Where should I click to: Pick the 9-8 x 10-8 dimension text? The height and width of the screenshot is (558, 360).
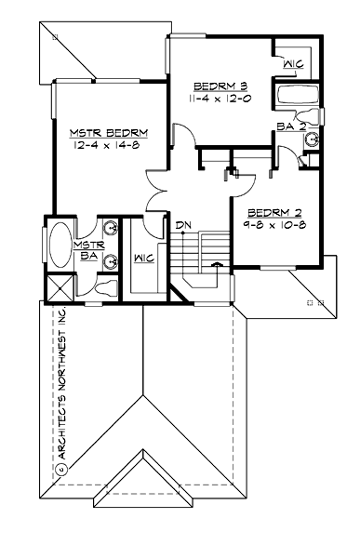click(274, 225)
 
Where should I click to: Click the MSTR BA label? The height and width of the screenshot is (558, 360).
click(90, 247)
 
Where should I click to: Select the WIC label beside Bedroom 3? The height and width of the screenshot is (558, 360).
click(293, 64)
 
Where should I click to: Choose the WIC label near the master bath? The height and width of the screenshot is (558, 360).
click(144, 258)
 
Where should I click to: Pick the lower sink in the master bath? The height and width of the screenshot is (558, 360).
click(111, 261)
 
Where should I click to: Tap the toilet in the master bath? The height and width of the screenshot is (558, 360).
click(105, 286)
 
